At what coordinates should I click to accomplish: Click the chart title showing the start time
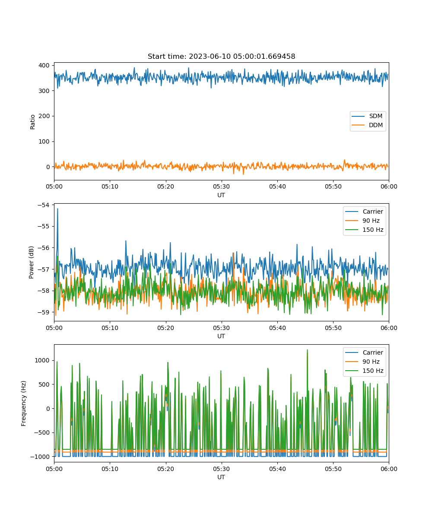[x=221, y=56]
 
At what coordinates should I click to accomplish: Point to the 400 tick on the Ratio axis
[x=44, y=65]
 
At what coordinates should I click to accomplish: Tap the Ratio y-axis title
[x=32, y=122]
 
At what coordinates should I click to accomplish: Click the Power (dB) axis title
[x=31, y=262]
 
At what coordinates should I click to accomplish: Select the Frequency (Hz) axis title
[x=24, y=404]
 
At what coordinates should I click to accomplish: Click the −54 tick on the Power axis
[x=44, y=205]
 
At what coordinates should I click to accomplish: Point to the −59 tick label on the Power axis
[x=44, y=312]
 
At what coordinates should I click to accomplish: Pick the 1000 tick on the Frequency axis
[x=42, y=360]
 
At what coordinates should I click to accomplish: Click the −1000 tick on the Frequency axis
[x=40, y=457]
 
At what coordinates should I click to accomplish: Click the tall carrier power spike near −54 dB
[x=57, y=209]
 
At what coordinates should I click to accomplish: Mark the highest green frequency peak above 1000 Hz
[x=307, y=350]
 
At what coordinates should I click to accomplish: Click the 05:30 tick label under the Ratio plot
[x=222, y=186]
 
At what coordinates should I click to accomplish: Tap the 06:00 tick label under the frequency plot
[x=389, y=469]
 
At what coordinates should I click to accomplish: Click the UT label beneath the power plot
[x=221, y=336]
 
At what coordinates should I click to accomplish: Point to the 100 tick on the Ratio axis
[x=44, y=141]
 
